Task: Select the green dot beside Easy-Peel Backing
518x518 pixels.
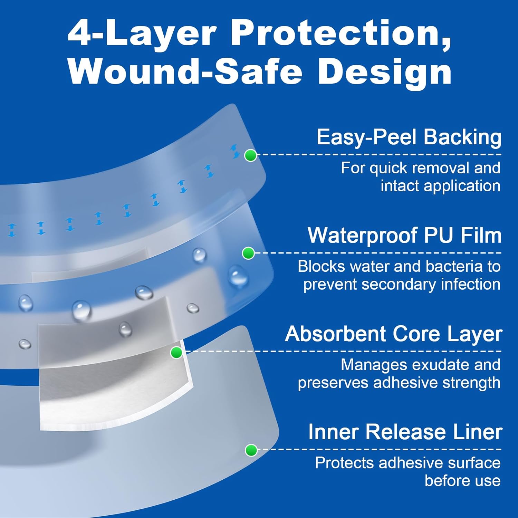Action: point(250,155)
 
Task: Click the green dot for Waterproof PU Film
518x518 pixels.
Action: point(248,253)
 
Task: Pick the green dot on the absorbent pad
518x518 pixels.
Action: point(176,353)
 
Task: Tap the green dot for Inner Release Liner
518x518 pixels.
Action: point(251,450)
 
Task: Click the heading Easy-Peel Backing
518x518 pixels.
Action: point(409,137)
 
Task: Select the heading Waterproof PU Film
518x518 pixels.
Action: point(404,236)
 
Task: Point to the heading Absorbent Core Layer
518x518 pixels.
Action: point(393,334)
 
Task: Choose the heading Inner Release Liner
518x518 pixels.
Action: point(405,432)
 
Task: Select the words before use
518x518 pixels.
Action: point(462,481)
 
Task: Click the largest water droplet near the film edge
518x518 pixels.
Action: point(238,276)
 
